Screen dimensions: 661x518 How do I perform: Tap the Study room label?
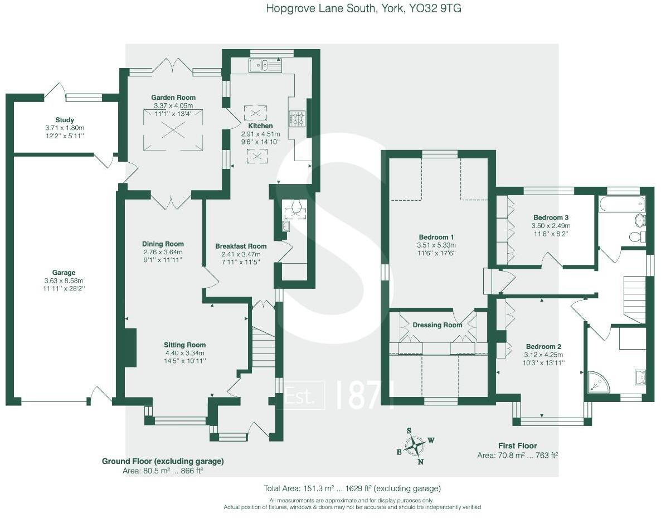pyautogui.click(x=65, y=120)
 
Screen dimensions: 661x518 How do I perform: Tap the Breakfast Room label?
pyautogui.click(x=241, y=246)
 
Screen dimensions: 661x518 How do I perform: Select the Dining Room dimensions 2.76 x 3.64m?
pyautogui.click(x=163, y=253)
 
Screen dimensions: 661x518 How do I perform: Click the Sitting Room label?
pyautogui.click(x=185, y=345)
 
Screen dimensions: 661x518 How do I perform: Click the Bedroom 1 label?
pyautogui.click(x=436, y=236)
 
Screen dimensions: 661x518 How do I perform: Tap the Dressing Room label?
pyautogui.click(x=438, y=325)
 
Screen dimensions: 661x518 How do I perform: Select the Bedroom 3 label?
pyautogui.click(x=551, y=217)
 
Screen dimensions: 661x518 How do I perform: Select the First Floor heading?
pyautogui.click(x=517, y=446)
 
